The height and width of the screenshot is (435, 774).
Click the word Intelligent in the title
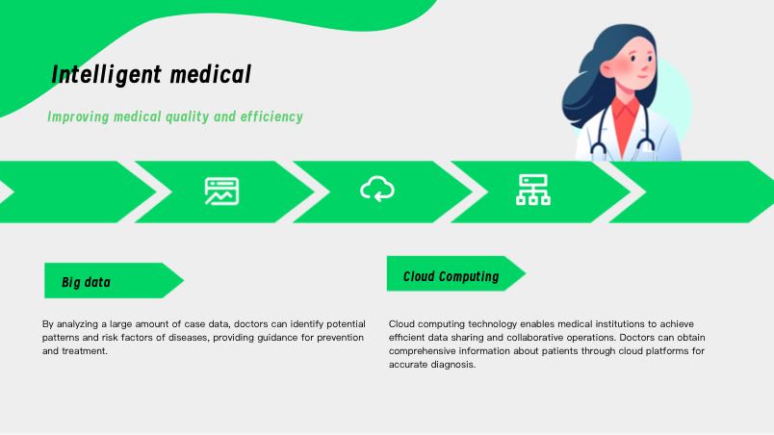(107, 75)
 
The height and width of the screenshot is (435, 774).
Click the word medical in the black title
(211, 74)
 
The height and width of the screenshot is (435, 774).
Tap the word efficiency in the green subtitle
(271, 116)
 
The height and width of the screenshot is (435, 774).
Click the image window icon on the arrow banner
(222, 191)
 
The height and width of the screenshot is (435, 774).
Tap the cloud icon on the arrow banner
(377, 189)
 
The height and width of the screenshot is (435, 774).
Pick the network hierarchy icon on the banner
(533, 190)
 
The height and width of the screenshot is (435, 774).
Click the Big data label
(86, 282)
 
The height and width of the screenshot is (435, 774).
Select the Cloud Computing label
(451, 276)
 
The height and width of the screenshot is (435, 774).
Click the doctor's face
(634, 64)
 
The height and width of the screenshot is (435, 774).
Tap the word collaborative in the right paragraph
(534, 338)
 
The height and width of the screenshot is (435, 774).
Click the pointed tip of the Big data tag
(183, 281)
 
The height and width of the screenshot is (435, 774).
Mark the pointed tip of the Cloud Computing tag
(526, 273)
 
